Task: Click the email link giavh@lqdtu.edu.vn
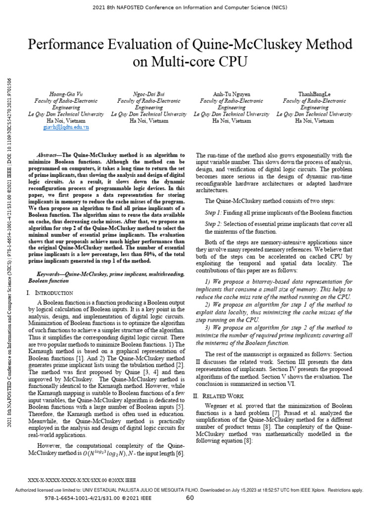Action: point(66,127)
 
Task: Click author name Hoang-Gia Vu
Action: point(66,94)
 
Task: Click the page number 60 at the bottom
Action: point(190,498)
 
